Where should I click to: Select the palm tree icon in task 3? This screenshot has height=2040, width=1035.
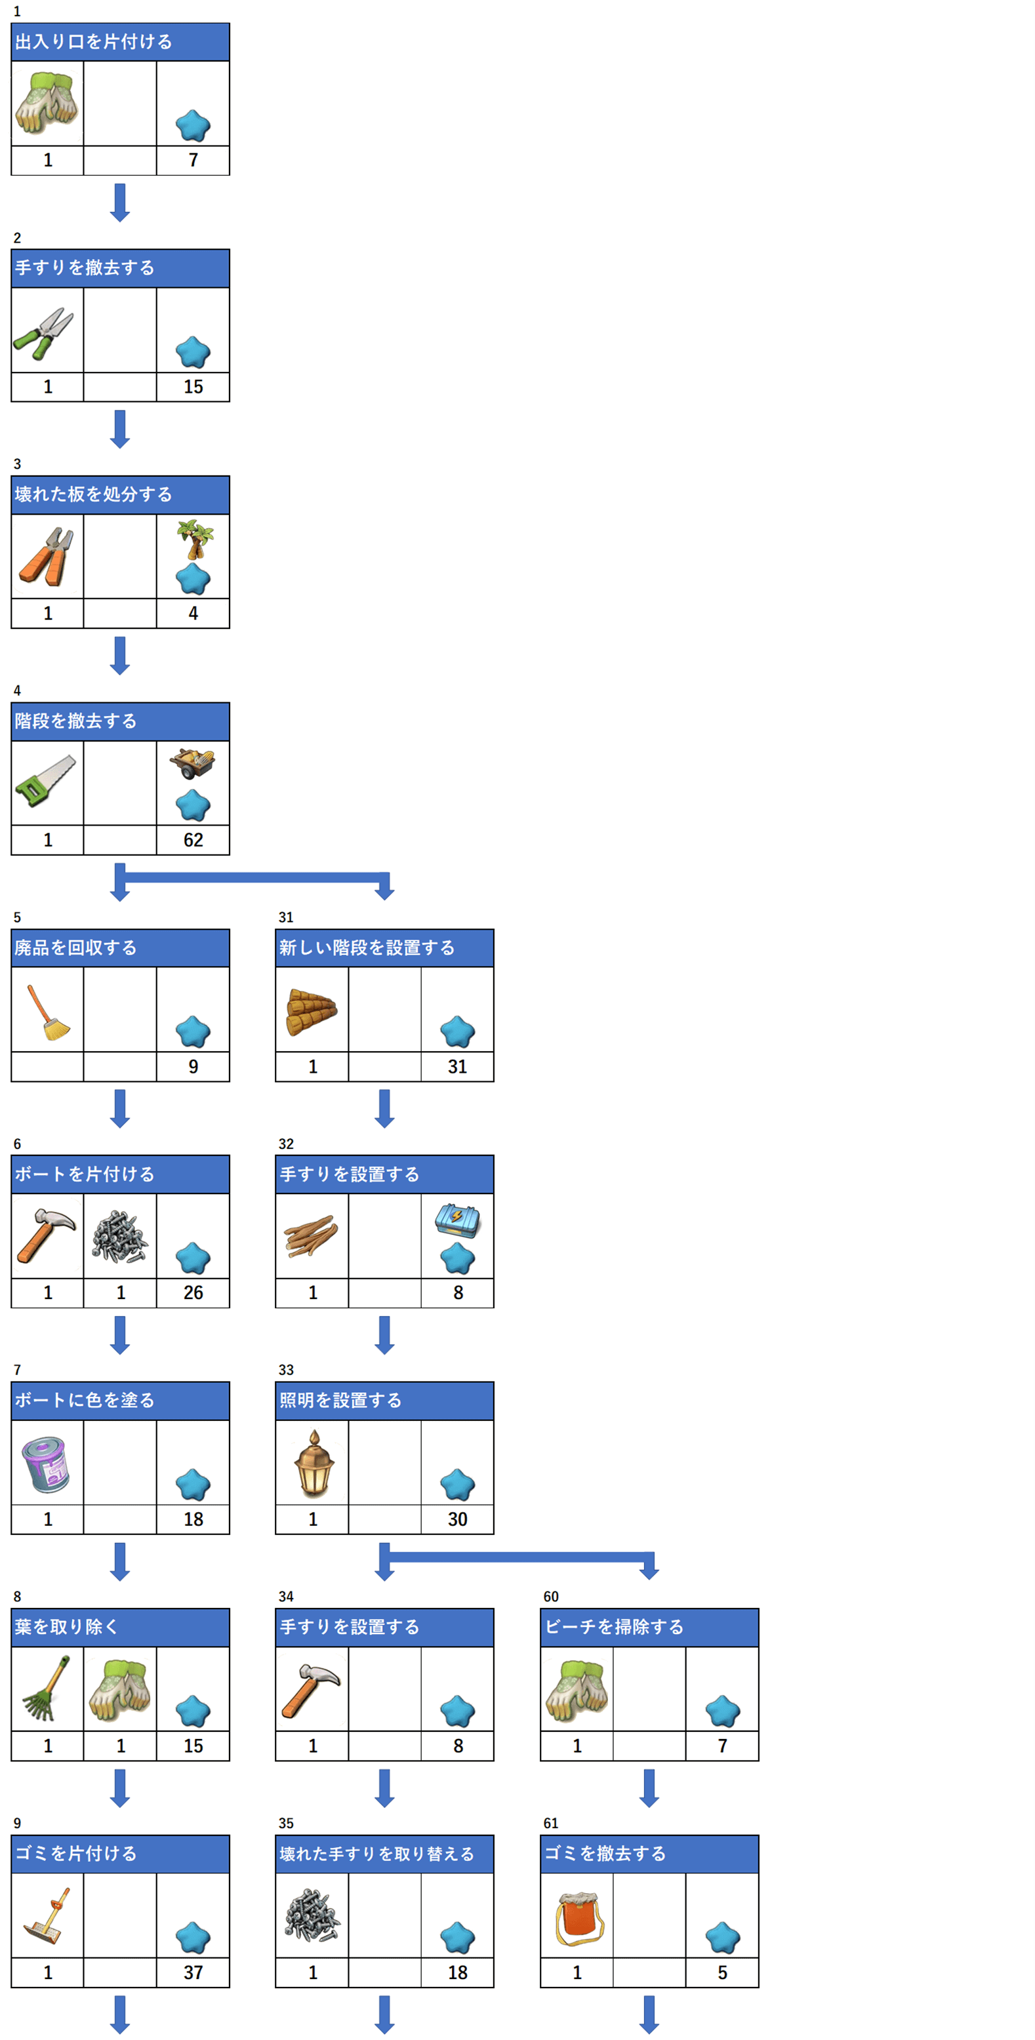point(195,538)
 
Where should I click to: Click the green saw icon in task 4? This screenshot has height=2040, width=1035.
point(45,781)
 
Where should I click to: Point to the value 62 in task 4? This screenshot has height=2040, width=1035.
point(193,839)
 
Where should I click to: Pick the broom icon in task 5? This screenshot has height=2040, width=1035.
point(47,1012)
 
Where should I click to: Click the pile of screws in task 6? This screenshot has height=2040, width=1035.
point(119,1235)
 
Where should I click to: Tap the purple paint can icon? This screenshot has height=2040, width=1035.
point(46,1464)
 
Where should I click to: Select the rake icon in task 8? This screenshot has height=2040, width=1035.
point(45,1689)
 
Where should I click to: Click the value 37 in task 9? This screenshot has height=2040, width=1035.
point(193,1972)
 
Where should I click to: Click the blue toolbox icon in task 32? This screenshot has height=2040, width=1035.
point(457,1220)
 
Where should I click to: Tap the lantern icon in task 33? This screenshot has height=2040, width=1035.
point(314,1464)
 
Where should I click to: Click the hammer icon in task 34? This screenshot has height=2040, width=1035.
point(310,1690)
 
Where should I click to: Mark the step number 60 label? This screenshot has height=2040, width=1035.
point(551,1597)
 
